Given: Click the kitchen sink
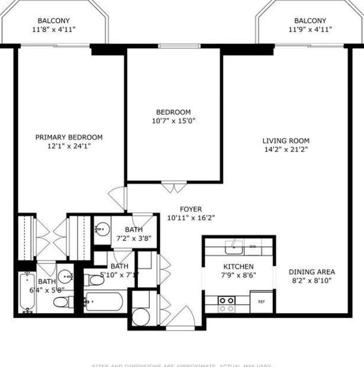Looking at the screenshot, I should point(234,247).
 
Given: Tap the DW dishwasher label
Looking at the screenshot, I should point(253,247).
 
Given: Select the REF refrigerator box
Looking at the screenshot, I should point(261,301).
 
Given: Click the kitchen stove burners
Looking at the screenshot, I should point(226,304).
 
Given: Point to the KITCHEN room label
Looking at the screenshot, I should point(238,267).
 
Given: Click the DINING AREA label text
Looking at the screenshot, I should point(312,272).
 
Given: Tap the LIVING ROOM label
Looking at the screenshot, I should point(286,140).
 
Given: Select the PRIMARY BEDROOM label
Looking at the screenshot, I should point(69,137).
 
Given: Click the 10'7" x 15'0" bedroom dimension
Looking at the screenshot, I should point(173,121).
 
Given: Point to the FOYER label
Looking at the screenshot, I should point(191,209).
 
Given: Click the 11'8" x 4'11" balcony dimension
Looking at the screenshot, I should point(53,30).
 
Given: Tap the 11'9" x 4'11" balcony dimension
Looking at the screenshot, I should point(310,30).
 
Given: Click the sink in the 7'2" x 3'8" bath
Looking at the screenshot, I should point(102,228).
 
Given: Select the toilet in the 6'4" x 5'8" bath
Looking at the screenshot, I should point(63,301).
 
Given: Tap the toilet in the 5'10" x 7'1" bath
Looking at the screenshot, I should point(94,280).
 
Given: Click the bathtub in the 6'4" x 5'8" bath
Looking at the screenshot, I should point(27,292).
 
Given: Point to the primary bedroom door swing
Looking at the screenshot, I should point(118,198).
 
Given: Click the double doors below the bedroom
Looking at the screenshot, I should point(174,187).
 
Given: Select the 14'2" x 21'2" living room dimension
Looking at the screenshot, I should point(286,150).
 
